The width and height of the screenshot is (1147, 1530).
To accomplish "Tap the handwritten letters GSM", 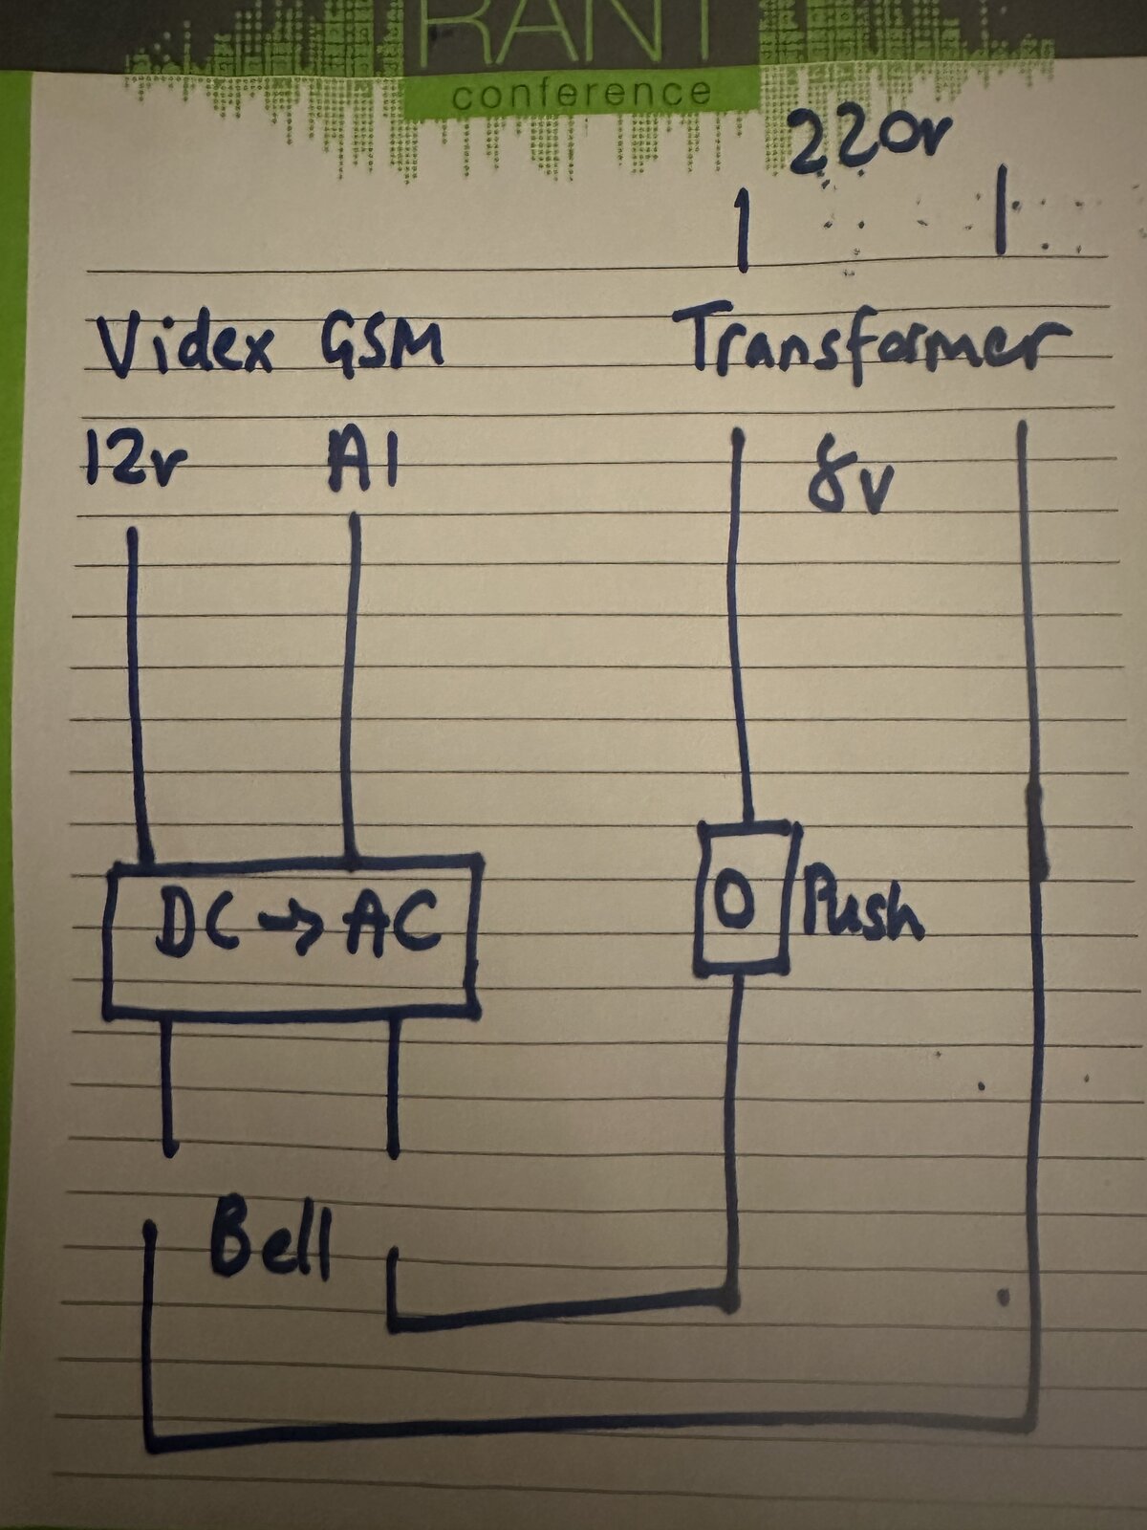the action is click(382, 343).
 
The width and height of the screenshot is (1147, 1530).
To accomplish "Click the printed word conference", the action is click(582, 94).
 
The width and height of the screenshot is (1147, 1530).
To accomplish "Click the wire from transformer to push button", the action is click(741, 627).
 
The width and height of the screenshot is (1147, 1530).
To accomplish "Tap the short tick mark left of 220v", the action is click(744, 230).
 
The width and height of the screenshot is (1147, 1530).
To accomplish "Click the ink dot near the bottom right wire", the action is click(1004, 1297).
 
